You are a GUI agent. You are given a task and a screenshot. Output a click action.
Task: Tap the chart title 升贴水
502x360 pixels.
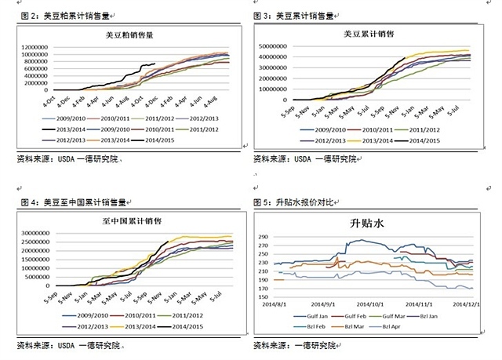(370, 224)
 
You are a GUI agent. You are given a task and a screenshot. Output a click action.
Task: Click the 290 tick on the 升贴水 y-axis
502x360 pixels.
(262, 235)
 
